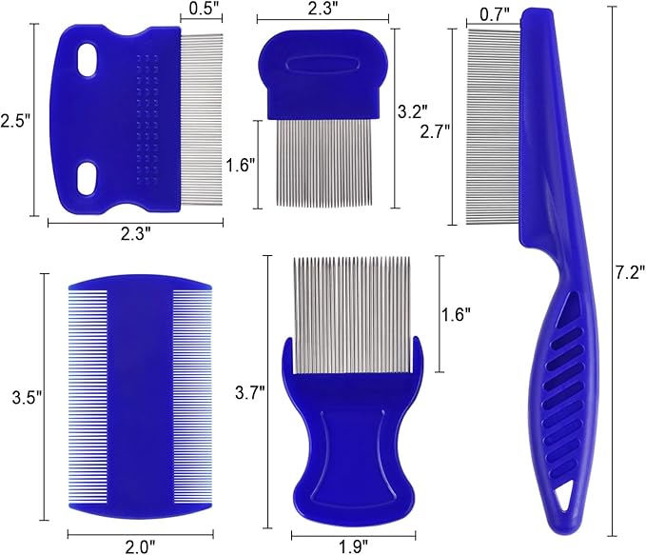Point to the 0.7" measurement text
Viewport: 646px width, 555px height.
click(x=492, y=14)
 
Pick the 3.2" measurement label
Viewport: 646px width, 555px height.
click(x=412, y=110)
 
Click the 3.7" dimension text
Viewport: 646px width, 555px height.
click(x=250, y=389)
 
